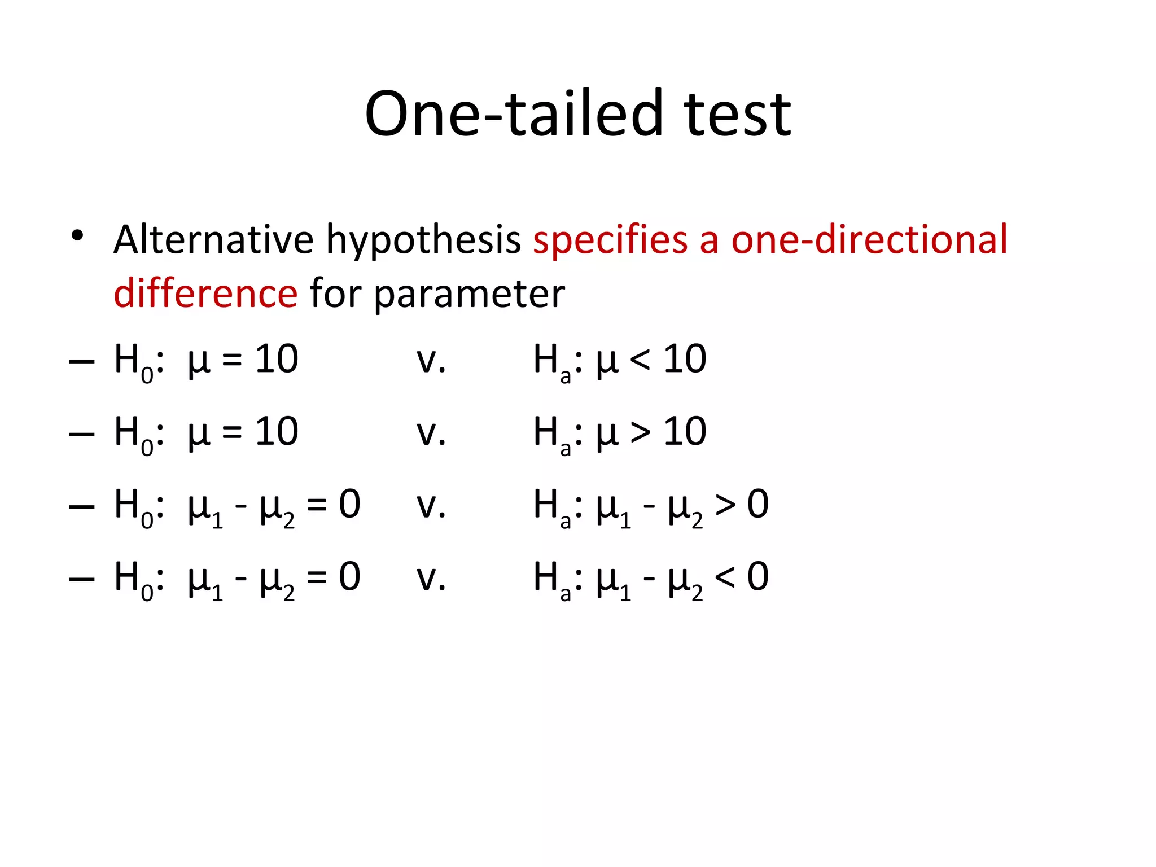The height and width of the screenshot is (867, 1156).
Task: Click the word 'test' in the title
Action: pyautogui.click(x=737, y=115)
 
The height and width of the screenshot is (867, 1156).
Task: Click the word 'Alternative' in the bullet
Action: pyautogui.click(x=213, y=240)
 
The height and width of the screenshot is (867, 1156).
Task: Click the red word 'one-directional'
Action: pyautogui.click(x=869, y=240)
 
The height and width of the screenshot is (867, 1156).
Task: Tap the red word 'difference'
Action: pyautogui.click(x=205, y=294)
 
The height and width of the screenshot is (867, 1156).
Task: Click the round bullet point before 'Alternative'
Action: pyautogui.click(x=78, y=235)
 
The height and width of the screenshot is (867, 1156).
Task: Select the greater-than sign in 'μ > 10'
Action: pyautogui.click(x=640, y=433)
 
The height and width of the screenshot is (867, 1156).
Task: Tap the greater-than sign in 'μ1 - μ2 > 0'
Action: pyautogui.click(x=725, y=505)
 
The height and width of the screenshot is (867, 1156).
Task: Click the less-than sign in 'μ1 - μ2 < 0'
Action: pyautogui.click(x=725, y=577)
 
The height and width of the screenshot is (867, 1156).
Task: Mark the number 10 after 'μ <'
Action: pyautogui.click(x=685, y=359)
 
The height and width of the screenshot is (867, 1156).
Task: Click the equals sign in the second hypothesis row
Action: pyautogui.click(x=232, y=433)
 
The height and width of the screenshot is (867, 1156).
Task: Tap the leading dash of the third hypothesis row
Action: pyautogui.click(x=81, y=506)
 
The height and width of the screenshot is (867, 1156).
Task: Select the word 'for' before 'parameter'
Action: pyautogui.click(x=335, y=294)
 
